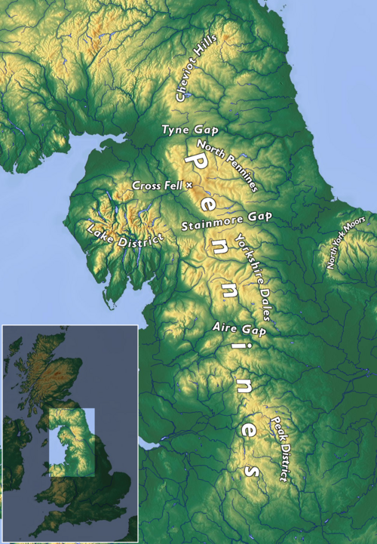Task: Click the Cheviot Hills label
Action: [196, 68]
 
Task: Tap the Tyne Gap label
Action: [185, 131]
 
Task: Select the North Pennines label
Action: [227, 164]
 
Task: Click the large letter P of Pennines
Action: [193, 164]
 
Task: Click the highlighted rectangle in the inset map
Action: [72, 442]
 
